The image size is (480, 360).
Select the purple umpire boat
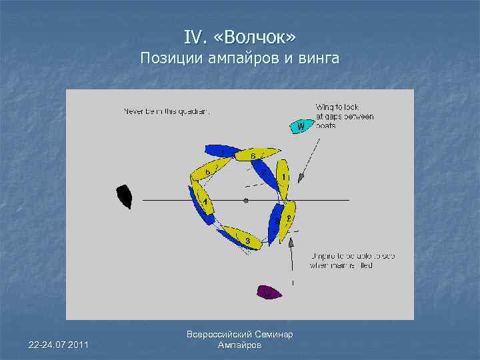(x=268, y=291)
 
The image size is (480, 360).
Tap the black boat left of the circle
(x=124, y=197)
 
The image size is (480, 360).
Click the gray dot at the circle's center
(x=246, y=200)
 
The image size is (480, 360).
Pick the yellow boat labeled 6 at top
(x=256, y=155)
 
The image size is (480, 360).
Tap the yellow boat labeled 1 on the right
(x=283, y=179)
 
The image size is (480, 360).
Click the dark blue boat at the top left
(x=221, y=151)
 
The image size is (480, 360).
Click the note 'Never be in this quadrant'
(x=166, y=111)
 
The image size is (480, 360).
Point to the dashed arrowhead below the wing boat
(x=301, y=177)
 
